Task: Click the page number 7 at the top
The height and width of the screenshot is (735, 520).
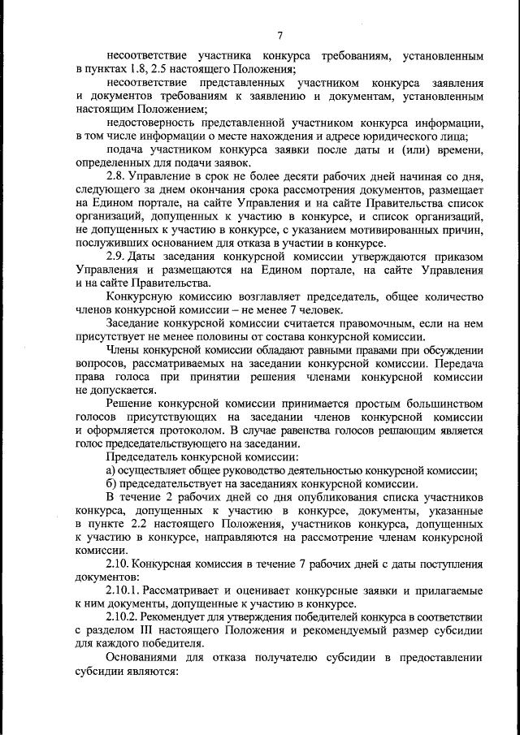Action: pyautogui.click(x=279, y=35)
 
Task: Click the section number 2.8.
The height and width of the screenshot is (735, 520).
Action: pyautogui.click(x=119, y=175)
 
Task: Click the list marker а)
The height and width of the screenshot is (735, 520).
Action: pyautogui.click(x=111, y=471)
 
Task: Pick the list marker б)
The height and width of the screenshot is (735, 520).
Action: pyautogui.click(x=111, y=485)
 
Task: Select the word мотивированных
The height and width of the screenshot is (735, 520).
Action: pyautogui.click(x=386, y=230)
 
